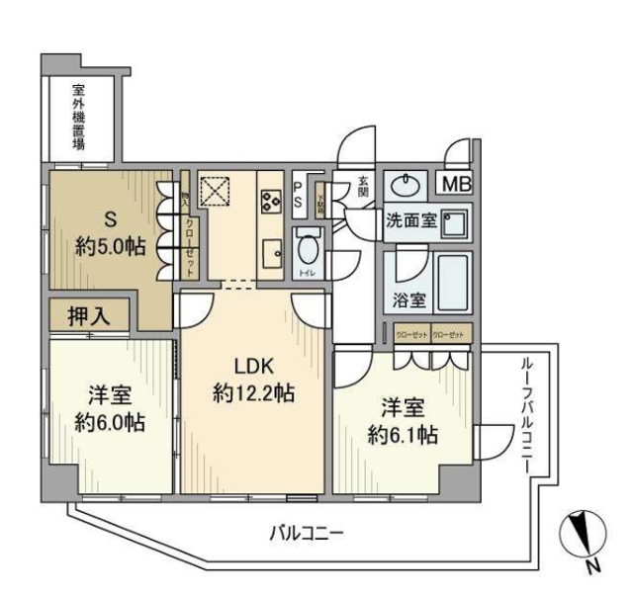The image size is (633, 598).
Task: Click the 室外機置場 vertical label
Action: click(x=78, y=117)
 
